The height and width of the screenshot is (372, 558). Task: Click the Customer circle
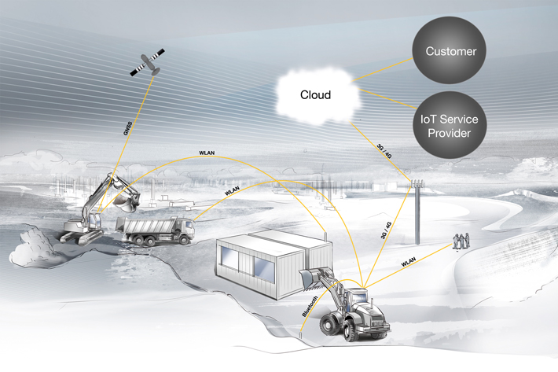click(x=451, y=52)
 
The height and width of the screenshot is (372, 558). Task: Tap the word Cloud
click(x=315, y=95)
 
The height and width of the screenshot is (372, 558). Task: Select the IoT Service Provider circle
click(x=450, y=126)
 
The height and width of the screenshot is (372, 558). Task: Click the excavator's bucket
click(x=125, y=201)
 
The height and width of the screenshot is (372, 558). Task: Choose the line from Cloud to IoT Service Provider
click(x=385, y=101)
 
